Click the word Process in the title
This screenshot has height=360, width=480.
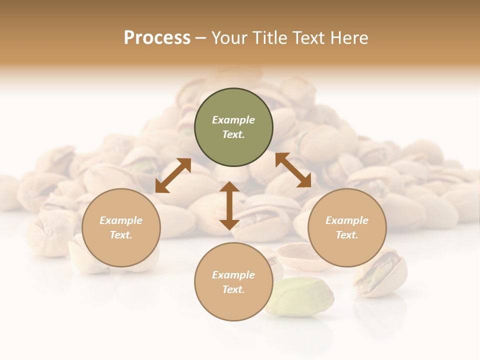(157, 38)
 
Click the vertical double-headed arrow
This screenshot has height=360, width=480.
(229, 205)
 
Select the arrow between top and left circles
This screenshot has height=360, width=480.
(173, 175)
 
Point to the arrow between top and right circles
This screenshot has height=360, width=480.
(293, 170)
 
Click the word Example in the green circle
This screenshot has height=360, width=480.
(233, 120)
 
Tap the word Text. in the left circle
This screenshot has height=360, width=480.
(121, 235)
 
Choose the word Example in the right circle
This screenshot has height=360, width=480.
(347, 220)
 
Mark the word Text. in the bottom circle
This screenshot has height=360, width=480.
(233, 289)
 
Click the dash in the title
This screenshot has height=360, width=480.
(201, 38)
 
